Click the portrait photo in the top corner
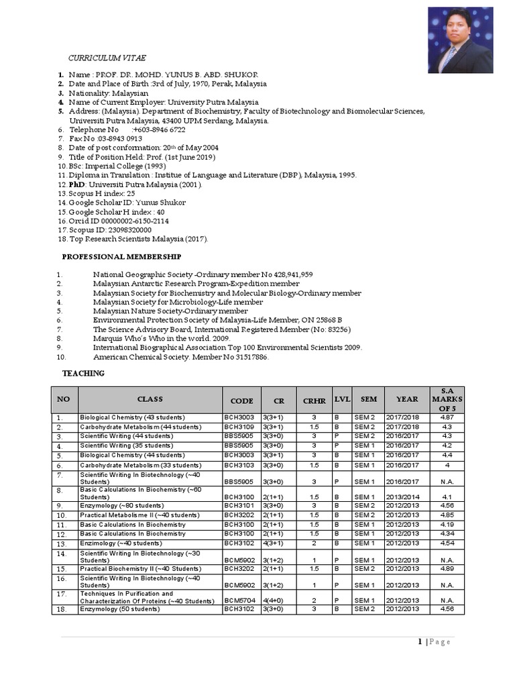[460, 40]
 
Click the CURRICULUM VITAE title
[107, 58]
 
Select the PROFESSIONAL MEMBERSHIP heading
[121, 257]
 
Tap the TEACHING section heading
[83, 373]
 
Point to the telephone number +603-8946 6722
[159, 129]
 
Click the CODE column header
[241, 401]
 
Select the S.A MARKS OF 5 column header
[447, 399]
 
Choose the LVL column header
[342, 399]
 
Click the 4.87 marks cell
[447, 417]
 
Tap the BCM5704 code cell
[239, 600]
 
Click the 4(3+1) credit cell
[274, 543]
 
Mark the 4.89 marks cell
[447, 568]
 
